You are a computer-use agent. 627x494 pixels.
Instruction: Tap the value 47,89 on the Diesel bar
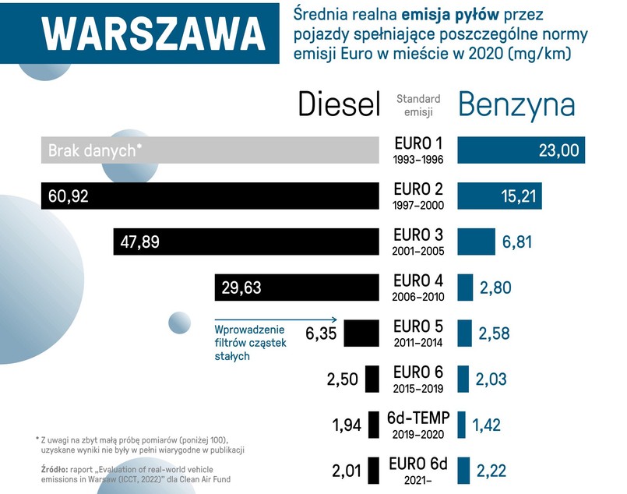[x=140, y=242]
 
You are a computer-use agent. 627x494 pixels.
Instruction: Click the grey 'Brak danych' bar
[x=210, y=150]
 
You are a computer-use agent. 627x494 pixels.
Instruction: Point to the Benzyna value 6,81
[x=517, y=242]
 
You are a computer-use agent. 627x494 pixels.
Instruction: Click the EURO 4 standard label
[x=418, y=281]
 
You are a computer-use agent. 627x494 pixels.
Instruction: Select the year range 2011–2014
[x=418, y=342]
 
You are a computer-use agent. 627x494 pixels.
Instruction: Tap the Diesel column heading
[x=340, y=104]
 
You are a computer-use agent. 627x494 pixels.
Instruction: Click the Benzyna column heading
[x=516, y=104]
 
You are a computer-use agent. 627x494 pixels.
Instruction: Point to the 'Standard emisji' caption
[x=418, y=104]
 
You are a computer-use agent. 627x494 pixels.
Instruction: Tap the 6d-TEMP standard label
[x=418, y=418]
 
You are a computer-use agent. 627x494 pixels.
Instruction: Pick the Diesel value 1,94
[x=346, y=425]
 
